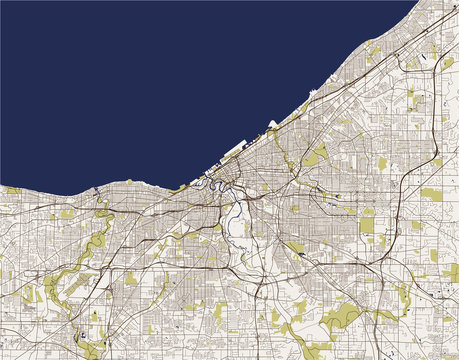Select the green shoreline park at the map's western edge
click(x=12, y=190)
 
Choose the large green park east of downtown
click(x=317, y=155)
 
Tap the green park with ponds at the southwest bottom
click(x=95, y=320)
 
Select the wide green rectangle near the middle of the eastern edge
click(x=431, y=194)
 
